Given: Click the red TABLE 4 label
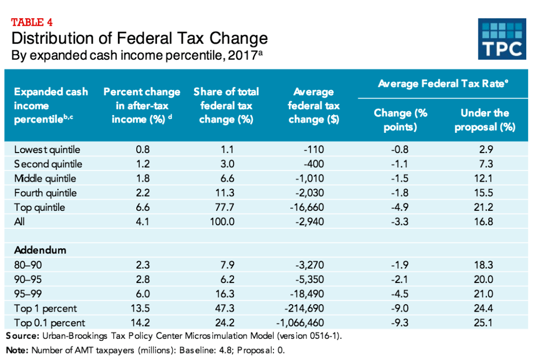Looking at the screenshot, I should tap(32, 22).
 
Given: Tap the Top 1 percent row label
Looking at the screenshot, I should tap(45, 309).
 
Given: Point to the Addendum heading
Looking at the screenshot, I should tap(40, 250).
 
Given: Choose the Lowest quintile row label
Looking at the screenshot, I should tap(47, 150).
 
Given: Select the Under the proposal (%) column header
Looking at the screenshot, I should tap(485, 120).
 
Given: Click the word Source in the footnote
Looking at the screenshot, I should tap(22, 337).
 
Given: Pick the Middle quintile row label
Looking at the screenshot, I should tap(45, 178).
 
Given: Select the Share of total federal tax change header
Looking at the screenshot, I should tap(226, 105).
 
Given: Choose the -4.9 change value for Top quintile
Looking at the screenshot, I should tap(399, 207).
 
